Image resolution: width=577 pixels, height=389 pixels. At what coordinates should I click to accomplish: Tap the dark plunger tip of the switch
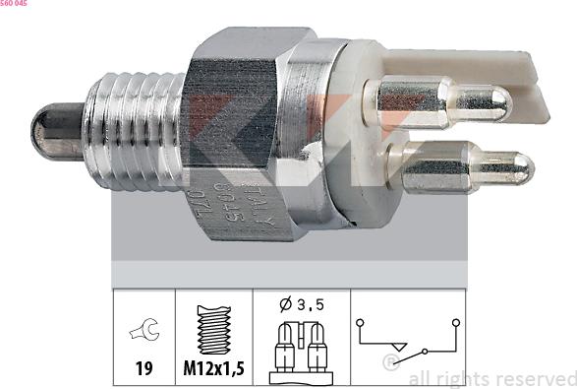(x=49, y=130)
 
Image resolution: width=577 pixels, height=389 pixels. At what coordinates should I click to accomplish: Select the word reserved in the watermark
(x=531, y=378)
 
